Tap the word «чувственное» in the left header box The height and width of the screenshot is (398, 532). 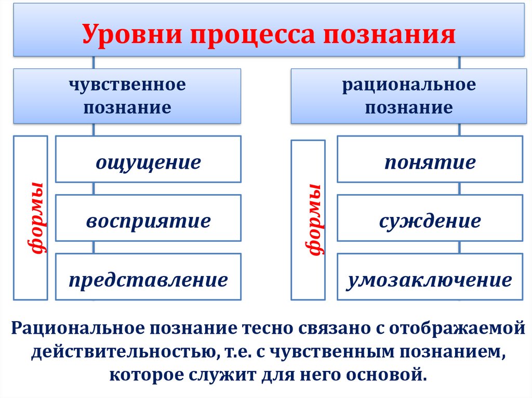(x=128, y=84)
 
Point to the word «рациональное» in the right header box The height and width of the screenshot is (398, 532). (x=408, y=84)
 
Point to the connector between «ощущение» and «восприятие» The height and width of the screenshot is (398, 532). (x=94, y=188)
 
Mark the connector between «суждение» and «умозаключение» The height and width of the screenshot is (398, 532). (x=459, y=247)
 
